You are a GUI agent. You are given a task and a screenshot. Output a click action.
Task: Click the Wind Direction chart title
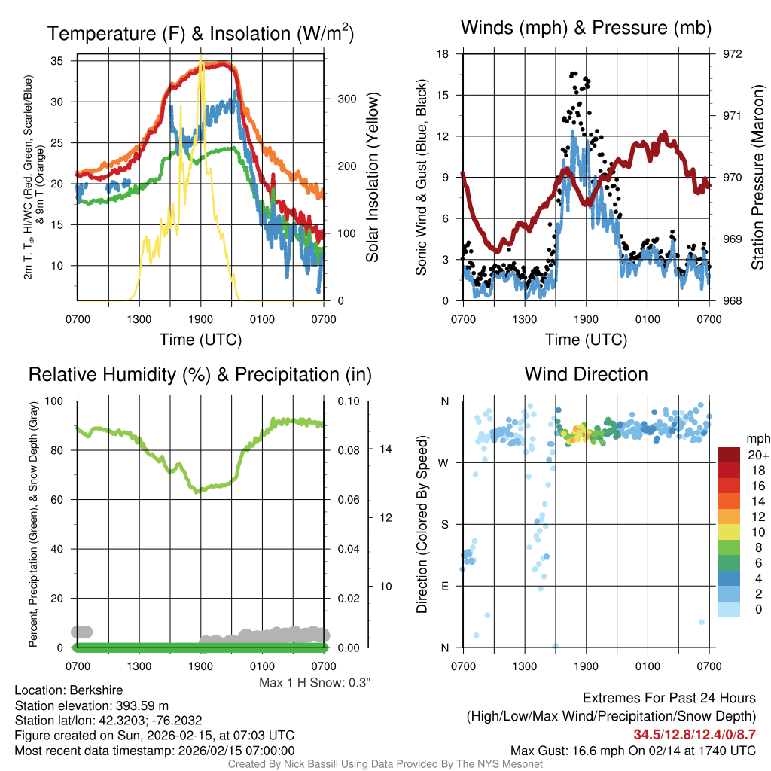tap(586, 374)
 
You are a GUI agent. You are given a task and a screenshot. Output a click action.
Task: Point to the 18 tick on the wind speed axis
tap(443, 54)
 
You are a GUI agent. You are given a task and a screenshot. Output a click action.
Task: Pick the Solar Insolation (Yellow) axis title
tap(372, 178)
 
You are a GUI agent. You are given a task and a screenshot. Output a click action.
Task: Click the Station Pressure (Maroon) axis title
tap(757, 178)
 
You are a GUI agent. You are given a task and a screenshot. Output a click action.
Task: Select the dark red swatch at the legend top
tap(730, 455)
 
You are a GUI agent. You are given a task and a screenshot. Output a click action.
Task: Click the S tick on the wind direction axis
tap(444, 524)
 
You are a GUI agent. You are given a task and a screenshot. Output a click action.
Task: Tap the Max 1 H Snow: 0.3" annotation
tap(315, 683)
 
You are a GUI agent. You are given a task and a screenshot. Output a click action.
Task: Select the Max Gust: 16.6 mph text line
tap(633, 750)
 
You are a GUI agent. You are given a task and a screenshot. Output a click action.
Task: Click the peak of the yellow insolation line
tap(200, 59)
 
